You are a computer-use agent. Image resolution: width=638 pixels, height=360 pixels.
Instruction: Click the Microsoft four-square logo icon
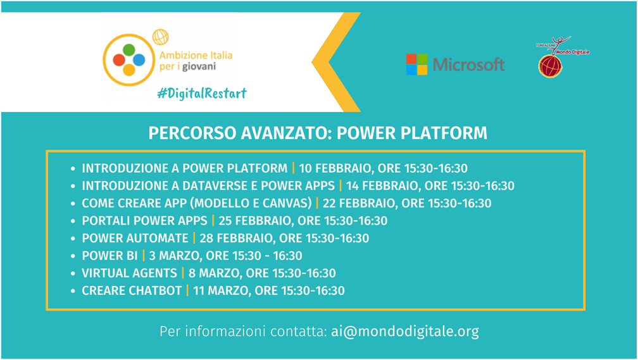point(416,65)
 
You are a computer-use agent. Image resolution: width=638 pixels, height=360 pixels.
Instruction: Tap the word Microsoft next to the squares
point(468,65)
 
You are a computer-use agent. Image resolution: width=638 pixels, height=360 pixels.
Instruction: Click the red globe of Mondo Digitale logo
point(550,66)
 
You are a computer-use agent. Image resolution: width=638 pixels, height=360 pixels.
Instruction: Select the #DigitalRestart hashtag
point(203,94)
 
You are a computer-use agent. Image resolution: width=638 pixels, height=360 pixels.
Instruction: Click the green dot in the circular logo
point(129,49)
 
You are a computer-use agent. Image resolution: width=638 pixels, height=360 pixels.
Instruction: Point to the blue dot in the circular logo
point(139,60)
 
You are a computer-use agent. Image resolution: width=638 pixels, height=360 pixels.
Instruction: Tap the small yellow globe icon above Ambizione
point(160,37)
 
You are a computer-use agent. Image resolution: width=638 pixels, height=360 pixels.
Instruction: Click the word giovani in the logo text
point(199,66)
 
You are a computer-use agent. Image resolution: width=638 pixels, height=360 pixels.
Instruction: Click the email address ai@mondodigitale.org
point(405,331)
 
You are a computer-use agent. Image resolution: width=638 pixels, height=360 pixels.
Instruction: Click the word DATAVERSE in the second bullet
point(214,186)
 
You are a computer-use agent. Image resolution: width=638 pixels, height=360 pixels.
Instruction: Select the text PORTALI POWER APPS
point(144,221)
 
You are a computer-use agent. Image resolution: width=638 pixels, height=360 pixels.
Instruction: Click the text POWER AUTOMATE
point(135,239)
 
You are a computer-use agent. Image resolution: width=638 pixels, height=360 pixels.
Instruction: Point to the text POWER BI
point(110,256)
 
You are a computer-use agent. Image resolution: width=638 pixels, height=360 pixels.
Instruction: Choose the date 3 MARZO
point(174,256)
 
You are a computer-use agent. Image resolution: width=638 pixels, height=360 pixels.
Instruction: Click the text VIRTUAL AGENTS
point(129,273)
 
